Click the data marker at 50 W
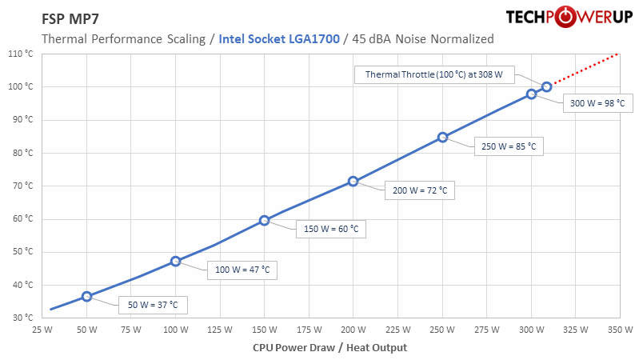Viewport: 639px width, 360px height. click(x=86, y=296)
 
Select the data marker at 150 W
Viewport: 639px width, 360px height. click(x=264, y=220)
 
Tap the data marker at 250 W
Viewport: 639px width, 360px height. click(x=442, y=138)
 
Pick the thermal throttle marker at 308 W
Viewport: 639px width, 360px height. click(x=546, y=86)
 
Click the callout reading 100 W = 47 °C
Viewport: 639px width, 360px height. click(x=242, y=270)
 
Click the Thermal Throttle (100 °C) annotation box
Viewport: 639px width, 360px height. click(x=433, y=74)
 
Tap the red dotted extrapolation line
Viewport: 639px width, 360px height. click(x=584, y=70)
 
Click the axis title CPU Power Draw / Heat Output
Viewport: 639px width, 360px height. click(x=329, y=347)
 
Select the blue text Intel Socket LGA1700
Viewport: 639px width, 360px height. click(x=280, y=38)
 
